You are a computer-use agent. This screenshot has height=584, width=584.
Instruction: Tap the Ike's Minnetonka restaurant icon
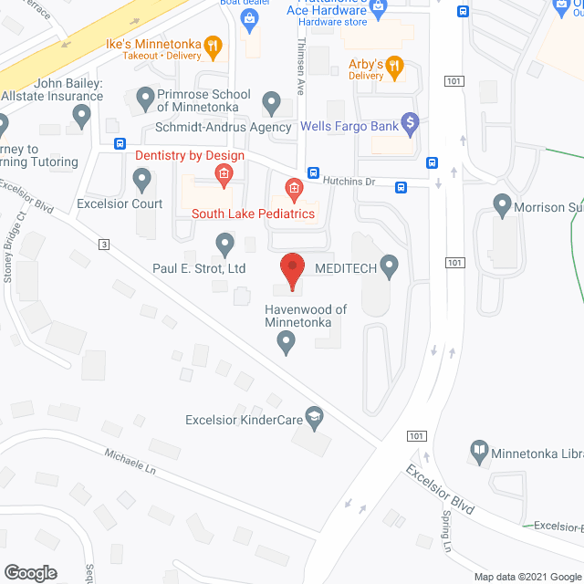point(212,44)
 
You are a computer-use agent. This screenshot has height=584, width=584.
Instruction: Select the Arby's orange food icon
point(394,65)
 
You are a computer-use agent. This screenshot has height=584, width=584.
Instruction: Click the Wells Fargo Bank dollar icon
point(410,120)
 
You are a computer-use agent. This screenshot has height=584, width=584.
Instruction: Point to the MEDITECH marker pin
point(390,266)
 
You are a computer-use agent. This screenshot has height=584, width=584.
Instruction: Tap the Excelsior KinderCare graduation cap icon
point(315,417)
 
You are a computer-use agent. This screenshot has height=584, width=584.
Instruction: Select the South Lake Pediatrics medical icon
point(294,190)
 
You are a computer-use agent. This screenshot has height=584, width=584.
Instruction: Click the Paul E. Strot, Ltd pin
point(224,244)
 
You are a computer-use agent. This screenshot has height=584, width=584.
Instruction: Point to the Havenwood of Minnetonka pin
point(287,343)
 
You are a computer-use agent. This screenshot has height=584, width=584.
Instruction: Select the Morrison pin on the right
point(502,205)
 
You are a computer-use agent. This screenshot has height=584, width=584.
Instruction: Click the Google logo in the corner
point(29,572)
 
